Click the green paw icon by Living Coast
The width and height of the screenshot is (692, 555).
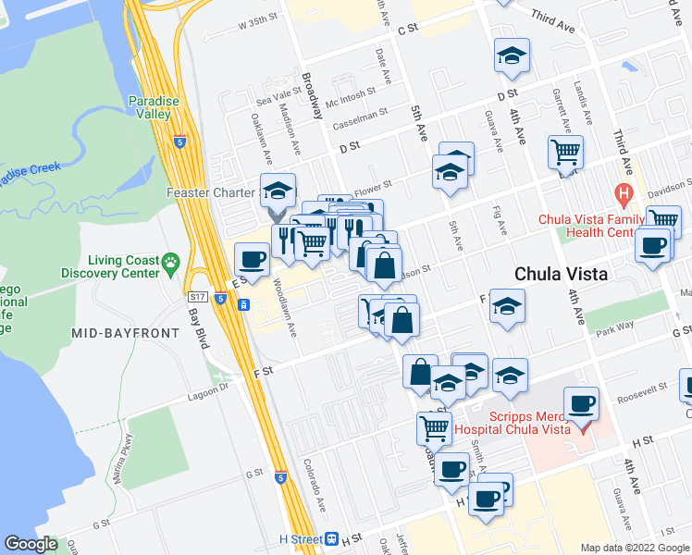170,264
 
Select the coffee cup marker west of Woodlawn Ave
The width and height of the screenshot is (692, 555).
252,258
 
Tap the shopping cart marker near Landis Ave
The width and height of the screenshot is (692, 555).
565,152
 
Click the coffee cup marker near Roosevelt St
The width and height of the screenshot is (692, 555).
582,403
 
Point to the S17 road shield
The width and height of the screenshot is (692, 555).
196,297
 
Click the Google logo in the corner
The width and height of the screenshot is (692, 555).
31,544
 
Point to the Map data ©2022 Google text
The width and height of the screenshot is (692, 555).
634,548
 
